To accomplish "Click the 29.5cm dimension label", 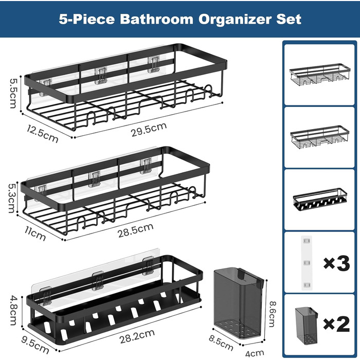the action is [149, 130].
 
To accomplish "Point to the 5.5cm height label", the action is [13, 93].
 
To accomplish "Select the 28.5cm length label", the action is [135, 230].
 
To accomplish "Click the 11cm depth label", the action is [35, 233].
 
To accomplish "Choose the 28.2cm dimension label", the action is [137, 336].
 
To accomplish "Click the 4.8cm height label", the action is [13, 311].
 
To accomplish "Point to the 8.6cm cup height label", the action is [272, 314].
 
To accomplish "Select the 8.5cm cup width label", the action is [221, 343].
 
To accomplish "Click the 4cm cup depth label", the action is [255, 353].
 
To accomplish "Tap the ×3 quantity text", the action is [336, 263].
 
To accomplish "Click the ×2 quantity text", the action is [336, 324].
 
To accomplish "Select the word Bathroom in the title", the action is [156, 19].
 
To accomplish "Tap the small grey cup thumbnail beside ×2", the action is [307, 326].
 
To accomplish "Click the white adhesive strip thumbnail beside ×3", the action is [307, 263].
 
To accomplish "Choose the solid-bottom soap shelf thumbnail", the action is [320, 200].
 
